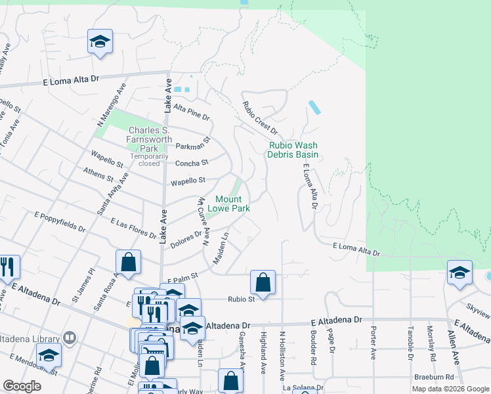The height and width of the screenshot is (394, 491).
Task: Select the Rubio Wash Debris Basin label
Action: tap(292, 150)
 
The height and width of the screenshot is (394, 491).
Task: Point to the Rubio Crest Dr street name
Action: tap(259, 118)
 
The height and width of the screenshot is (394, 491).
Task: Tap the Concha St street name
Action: tap(191, 163)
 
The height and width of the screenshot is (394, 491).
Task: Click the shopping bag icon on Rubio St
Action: tap(263, 283)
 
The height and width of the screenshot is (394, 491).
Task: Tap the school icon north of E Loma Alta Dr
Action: tap(100, 43)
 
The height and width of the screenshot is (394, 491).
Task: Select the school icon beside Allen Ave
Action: tap(459, 272)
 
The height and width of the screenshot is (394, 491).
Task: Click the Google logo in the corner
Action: tap(22, 385)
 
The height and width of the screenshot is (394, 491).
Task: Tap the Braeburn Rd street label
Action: tap(434, 377)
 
